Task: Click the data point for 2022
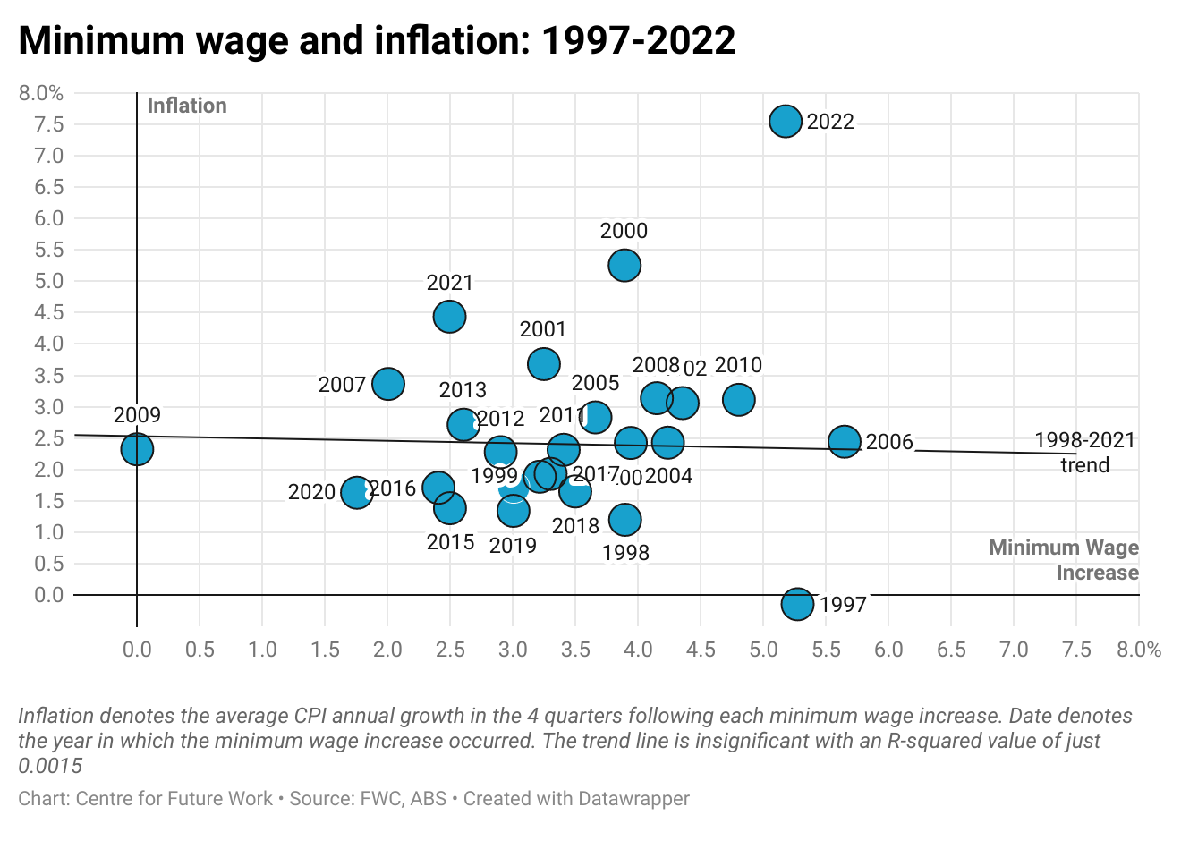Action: (786, 121)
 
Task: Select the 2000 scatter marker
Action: (624, 265)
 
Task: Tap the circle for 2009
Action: (137, 448)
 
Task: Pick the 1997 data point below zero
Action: (797, 604)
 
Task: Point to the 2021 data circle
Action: (449, 316)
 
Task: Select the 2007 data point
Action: (387, 384)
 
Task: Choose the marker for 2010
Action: (738, 399)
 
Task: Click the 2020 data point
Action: (356, 492)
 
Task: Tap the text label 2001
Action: (543, 329)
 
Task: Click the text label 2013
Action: (463, 390)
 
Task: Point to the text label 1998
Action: (625, 553)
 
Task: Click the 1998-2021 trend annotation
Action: (1084, 453)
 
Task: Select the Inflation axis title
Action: (187, 106)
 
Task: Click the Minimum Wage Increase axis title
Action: (1064, 560)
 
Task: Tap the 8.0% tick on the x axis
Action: (1139, 650)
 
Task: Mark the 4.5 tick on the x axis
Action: (701, 650)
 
